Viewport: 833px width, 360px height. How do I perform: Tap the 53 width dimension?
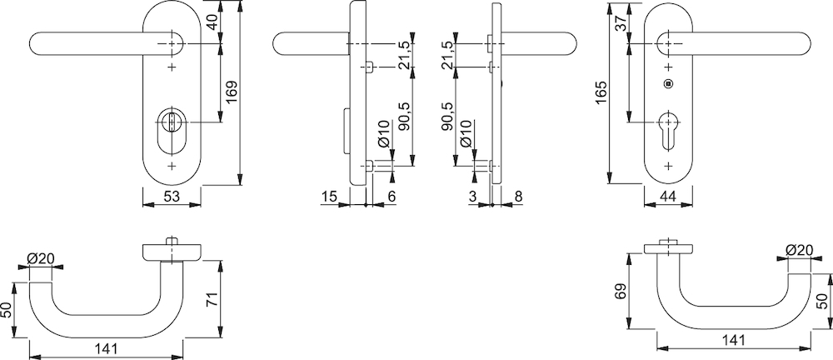tap(171, 197)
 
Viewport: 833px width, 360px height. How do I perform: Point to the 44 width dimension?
tap(667, 197)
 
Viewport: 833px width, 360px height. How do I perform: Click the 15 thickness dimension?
tap(329, 197)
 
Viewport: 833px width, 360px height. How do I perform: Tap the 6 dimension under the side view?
tap(392, 197)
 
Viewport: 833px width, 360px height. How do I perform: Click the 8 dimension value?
tap(518, 197)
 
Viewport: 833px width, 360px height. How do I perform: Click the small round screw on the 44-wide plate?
tap(668, 83)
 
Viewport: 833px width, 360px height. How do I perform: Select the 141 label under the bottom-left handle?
tap(106, 349)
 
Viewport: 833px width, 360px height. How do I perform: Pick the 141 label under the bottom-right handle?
tap(734, 340)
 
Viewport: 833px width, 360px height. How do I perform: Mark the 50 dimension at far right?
tap(821, 302)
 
